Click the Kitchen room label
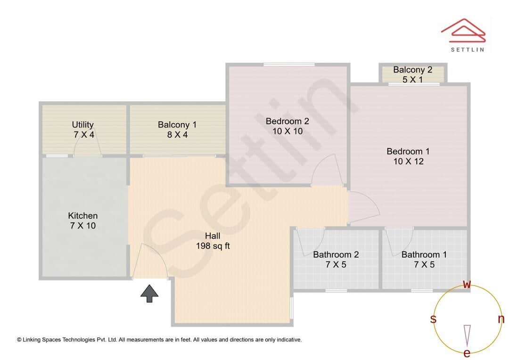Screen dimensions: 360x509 click(x=83, y=215)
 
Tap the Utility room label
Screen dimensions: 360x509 click(x=82, y=124)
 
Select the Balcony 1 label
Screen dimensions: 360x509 click(x=177, y=124)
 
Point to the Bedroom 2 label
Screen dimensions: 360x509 click(x=287, y=121)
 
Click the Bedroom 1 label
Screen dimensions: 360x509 click(x=408, y=151)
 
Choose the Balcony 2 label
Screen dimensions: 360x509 click(x=412, y=70)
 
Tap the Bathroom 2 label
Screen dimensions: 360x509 click(x=336, y=254)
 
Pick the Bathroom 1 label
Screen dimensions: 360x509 click(x=424, y=254)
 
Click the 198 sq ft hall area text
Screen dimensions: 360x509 click(x=213, y=246)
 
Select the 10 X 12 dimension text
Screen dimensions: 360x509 click(x=408, y=162)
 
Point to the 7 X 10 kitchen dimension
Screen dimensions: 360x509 click(x=83, y=226)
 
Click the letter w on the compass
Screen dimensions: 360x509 click(x=467, y=284)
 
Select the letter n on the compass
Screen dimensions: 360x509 click(x=501, y=319)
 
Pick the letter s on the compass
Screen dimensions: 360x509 click(x=433, y=319)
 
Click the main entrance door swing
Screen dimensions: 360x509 click(x=150, y=262)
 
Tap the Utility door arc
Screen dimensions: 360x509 click(x=88, y=147)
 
